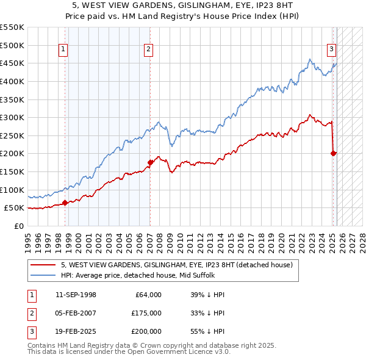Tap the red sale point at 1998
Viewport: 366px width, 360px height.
click(65, 203)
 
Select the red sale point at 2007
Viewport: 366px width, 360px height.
click(150, 162)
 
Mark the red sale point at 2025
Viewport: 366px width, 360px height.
click(334, 153)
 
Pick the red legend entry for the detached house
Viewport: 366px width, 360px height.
click(177, 265)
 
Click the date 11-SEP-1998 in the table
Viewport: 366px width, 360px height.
click(76, 295)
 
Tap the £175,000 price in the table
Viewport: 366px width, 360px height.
click(146, 313)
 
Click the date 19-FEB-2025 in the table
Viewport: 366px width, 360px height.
click(76, 331)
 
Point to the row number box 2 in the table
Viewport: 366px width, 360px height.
click(30, 313)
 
